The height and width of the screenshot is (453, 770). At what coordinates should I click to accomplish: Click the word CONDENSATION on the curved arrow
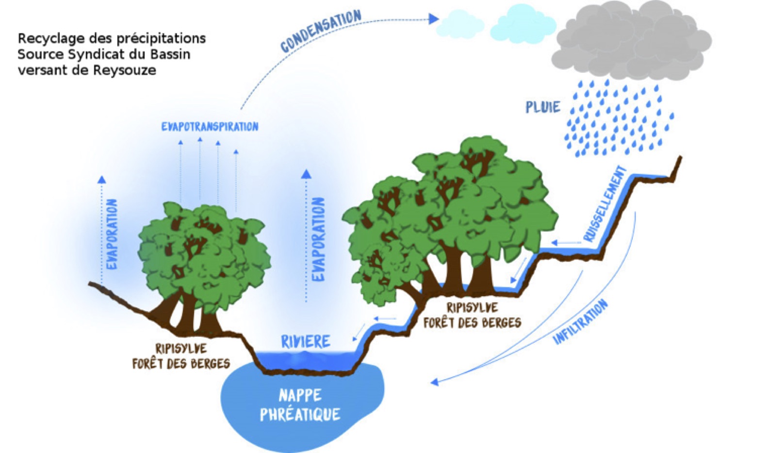tap(321, 31)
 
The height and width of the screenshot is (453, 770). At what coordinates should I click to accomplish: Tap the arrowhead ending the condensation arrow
tap(434, 19)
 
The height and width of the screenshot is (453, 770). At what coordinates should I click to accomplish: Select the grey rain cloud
tap(631, 41)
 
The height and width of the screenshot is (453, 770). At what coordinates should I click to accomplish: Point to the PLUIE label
tap(543, 107)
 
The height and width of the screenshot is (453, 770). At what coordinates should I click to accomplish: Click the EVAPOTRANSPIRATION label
tap(210, 127)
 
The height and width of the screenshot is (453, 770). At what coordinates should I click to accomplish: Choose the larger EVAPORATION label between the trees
tap(318, 239)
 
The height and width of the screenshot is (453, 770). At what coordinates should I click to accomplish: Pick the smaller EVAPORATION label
tap(112, 234)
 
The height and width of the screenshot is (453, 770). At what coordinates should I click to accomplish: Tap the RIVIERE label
tap(306, 342)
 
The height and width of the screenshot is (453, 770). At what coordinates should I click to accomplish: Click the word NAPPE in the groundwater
tap(300, 396)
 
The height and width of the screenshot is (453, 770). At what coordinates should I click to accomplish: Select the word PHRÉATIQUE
tap(300, 415)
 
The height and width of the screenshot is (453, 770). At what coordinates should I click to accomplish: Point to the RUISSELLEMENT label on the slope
tap(605, 204)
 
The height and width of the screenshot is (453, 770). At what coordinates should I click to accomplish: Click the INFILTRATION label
tap(580, 322)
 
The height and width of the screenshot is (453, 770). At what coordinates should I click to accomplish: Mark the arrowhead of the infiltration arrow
tap(435, 382)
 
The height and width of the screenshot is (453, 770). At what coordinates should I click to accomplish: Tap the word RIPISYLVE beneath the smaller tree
tap(181, 349)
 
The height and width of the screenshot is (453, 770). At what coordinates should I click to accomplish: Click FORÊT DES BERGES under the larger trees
tap(472, 322)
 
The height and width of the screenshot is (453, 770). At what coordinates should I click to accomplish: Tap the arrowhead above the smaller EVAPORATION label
tap(101, 180)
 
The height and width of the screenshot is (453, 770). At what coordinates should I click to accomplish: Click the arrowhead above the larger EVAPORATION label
tap(306, 174)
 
